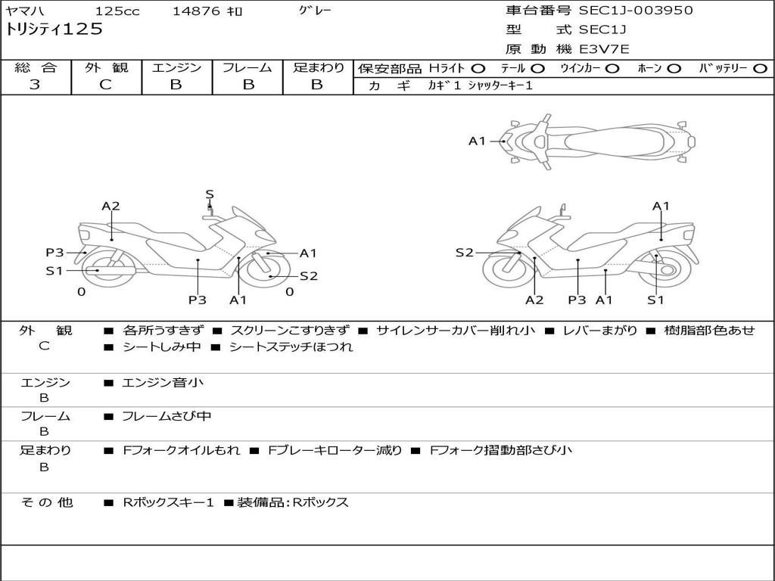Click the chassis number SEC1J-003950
coord(636,11)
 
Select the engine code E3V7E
coord(605,49)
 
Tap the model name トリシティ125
coord(54,30)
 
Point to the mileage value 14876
coord(196,11)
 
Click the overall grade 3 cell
coord(35,85)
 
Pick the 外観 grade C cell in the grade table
coord(106,85)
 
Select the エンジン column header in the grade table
coord(176,68)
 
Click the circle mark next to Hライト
coord(478,69)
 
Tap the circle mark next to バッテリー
coord(761,69)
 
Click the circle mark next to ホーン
coord(674,69)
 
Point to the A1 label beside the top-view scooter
coord(477,141)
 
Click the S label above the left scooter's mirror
coord(210,194)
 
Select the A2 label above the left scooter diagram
coord(111,206)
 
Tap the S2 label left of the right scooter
coord(464,253)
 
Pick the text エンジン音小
coord(163,383)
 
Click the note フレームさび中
coord(167,416)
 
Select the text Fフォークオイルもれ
coord(182,450)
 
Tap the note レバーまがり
coord(600,331)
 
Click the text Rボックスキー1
coord(169,502)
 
